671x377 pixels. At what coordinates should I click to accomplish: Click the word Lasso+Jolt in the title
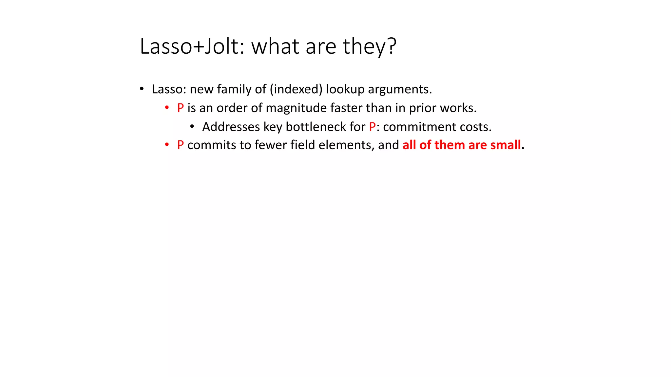click(x=190, y=46)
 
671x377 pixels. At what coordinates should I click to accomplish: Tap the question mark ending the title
click(x=392, y=46)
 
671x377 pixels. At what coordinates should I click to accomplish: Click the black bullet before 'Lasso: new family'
click(x=142, y=89)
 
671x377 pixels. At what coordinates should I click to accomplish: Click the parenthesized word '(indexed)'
click(x=296, y=89)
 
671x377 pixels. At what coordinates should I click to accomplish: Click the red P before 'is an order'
click(x=180, y=108)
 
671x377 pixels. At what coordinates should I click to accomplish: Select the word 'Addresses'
click(x=231, y=127)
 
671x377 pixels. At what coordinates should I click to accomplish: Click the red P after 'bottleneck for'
click(x=372, y=127)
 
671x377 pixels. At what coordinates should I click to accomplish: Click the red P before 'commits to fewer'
click(x=180, y=145)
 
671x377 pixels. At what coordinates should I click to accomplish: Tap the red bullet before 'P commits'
click(x=167, y=144)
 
